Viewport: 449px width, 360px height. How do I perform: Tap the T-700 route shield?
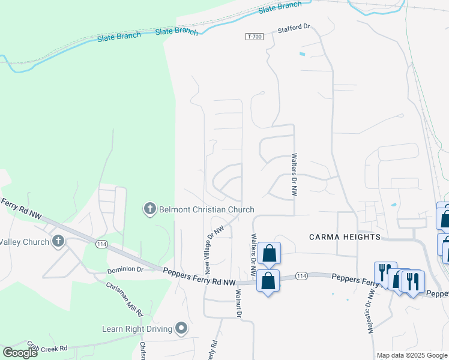[255, 37]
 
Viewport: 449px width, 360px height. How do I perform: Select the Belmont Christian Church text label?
[206, 209]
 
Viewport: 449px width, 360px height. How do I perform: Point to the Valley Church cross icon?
[58, 242]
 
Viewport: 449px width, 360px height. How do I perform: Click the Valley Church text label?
[25, 242]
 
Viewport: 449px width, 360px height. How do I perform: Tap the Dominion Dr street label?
[125, 270]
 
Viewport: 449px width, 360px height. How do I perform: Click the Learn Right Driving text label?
[137, 328]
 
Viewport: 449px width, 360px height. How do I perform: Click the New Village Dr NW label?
[215, 246]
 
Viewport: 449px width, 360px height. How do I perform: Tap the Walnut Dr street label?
[238, 304]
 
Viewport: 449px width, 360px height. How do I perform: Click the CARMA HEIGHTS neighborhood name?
[345, 237]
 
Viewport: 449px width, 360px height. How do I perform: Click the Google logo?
[20, 353]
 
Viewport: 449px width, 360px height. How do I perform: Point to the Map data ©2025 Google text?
[411, 355]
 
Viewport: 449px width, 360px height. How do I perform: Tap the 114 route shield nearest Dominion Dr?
[101, 243]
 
